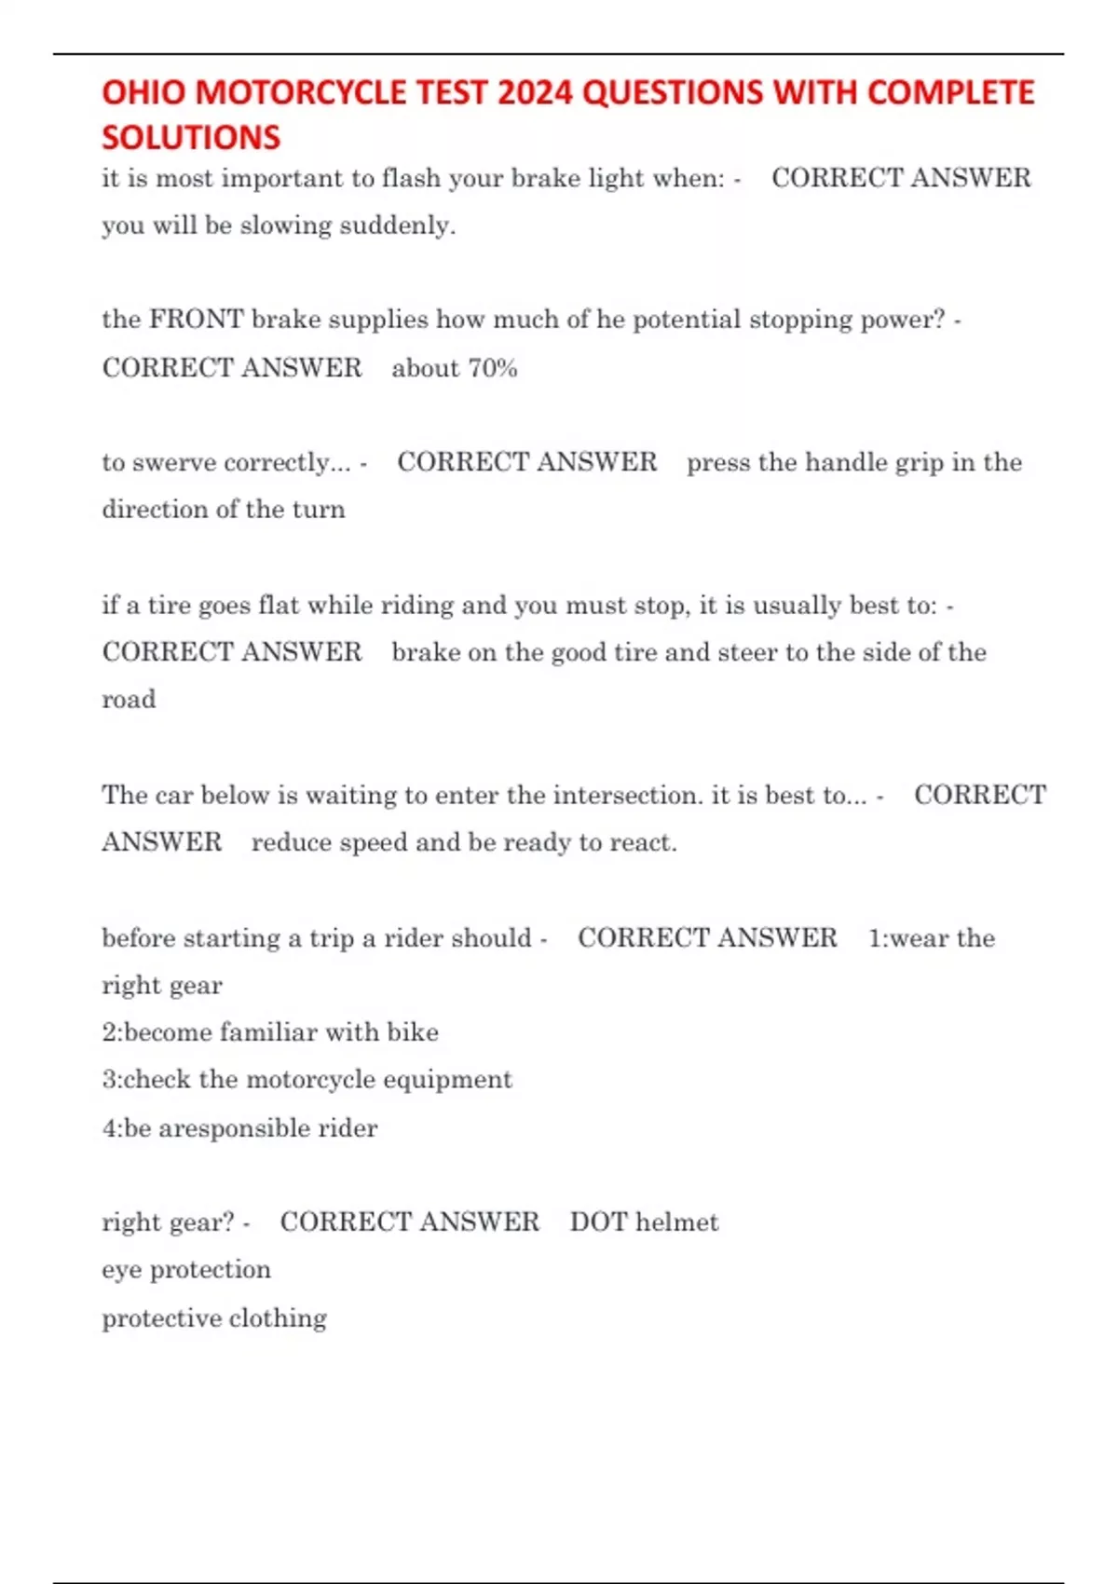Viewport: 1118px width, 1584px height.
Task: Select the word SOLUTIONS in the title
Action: coord(191,138)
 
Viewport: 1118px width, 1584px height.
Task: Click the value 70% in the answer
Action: coord(493,368)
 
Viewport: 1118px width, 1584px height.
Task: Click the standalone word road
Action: coord(129,700)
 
